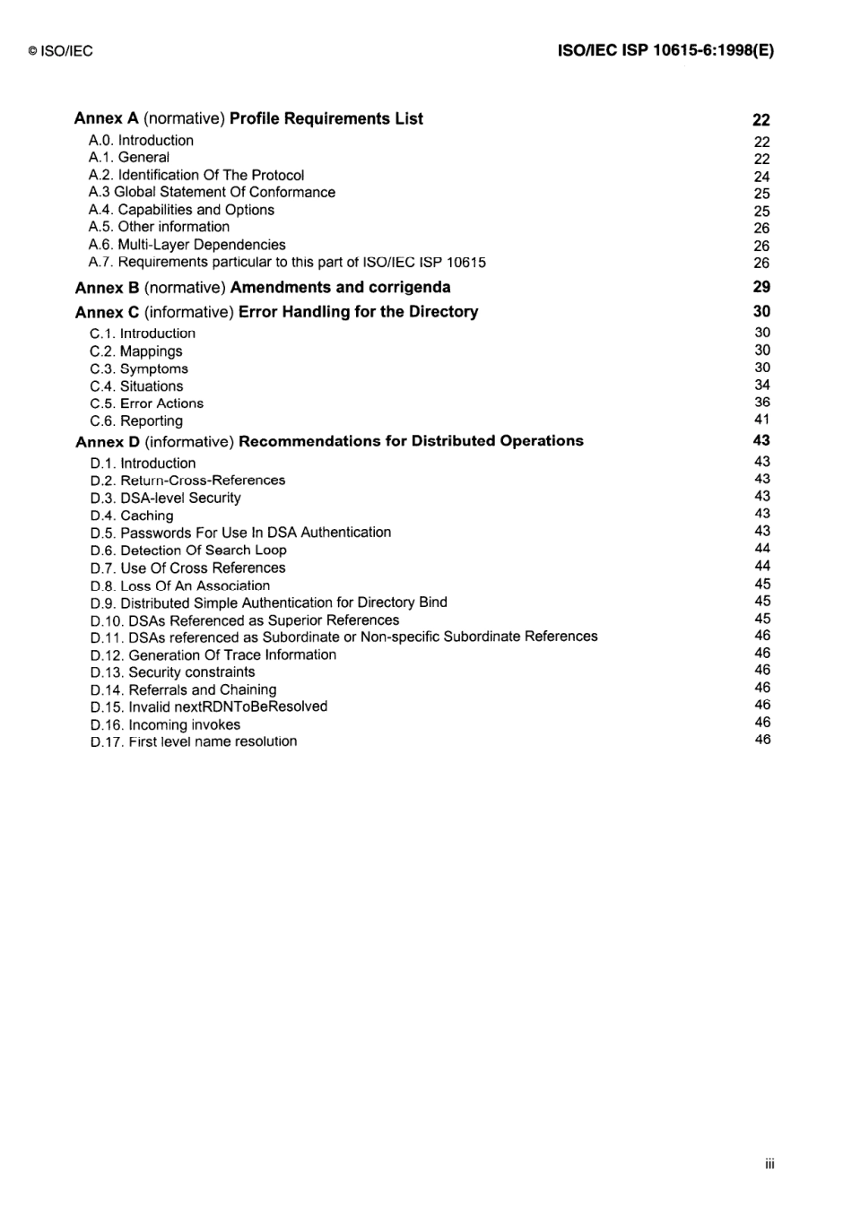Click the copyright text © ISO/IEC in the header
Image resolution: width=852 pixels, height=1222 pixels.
coord(60,51)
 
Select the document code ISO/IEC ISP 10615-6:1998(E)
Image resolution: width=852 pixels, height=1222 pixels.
coord(665,51)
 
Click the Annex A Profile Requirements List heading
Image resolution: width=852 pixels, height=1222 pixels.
coord(248,118)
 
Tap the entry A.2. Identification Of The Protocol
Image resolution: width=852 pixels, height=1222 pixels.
coord(196,175)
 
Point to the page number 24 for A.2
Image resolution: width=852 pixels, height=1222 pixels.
coord(761,177)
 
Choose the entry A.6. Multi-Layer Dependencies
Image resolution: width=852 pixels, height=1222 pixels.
coord(187,245)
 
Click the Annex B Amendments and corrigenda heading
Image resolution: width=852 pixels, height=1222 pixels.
coord(263,288)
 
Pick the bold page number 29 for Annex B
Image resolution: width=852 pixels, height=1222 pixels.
coord(761,287)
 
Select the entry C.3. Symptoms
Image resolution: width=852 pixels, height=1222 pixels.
coord(139,368)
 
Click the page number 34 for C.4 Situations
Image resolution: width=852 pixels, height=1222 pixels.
coord(762,385)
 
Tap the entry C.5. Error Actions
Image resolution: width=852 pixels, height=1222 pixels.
coord(146,403)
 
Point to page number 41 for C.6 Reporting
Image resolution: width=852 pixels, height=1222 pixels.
coord(762,420)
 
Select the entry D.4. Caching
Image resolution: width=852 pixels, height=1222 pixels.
coord(132,516)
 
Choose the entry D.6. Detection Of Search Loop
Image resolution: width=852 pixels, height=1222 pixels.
coord(188,550)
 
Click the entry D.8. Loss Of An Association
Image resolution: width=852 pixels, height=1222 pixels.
coord(179,585)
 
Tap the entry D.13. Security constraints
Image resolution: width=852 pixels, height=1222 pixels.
coord(172,672)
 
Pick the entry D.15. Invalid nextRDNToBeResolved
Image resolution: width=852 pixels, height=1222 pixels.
coord(209,706)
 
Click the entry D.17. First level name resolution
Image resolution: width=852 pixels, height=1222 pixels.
coord(194,741)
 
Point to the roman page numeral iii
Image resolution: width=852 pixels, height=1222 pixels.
coord(769,1164)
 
